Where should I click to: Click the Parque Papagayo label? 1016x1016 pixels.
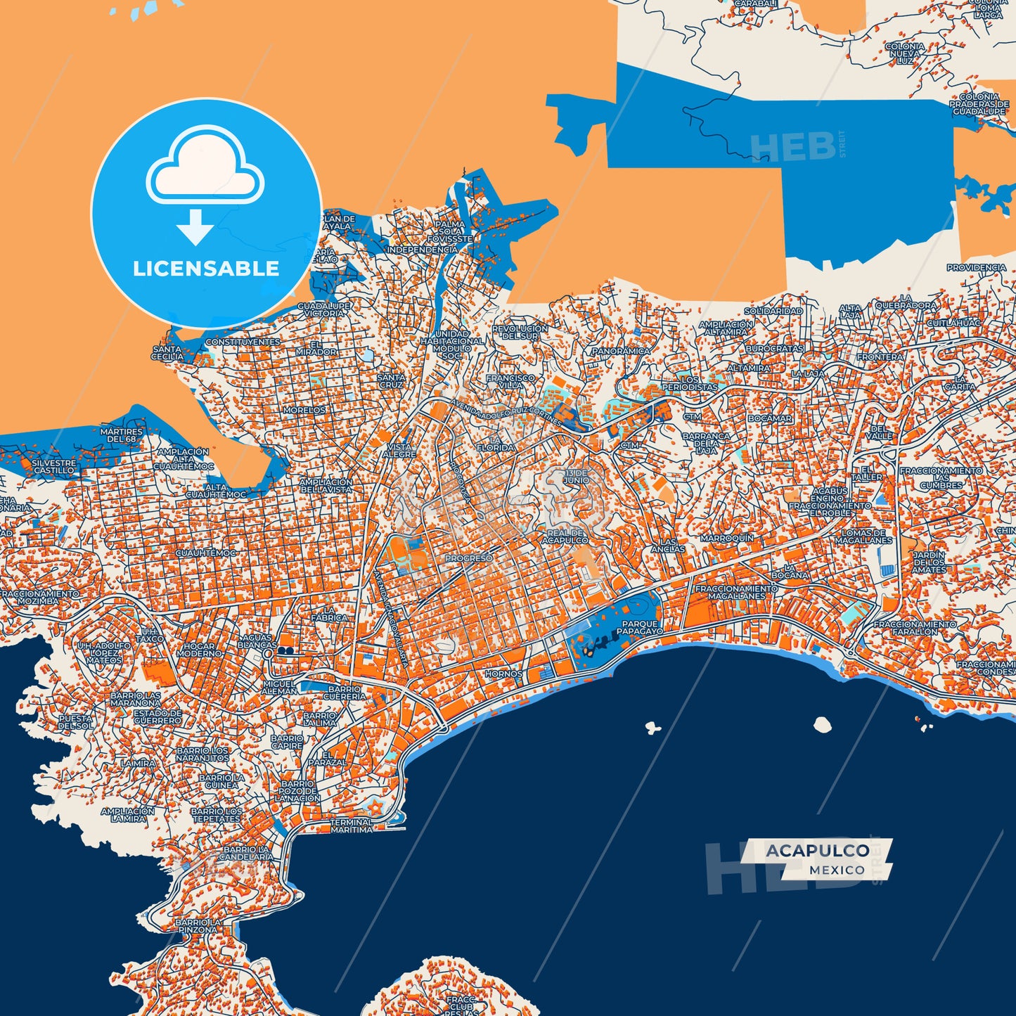(x=641, y=628)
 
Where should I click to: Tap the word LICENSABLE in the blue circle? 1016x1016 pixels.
(x=206, y=269)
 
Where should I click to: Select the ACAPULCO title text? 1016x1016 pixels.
(x=817, y=851)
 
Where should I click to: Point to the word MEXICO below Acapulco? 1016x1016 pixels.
(x=837, y=870)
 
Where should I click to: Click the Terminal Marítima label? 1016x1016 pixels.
(x=352, y=825)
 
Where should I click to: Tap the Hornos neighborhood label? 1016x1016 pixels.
(x=503, y=674)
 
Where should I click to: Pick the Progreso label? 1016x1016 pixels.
(x=469, y=558)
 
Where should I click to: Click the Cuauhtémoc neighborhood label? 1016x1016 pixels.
(x=206, y=553)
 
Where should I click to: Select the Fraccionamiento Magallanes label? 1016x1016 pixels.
(x=736, y=592)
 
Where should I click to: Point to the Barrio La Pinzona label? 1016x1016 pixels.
(x=198, y=925)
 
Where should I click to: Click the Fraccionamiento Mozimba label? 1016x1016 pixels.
(x=39, y=598)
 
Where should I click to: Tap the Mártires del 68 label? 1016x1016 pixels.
(x=121, y=435)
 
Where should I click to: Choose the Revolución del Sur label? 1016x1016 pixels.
(x=520, y=332)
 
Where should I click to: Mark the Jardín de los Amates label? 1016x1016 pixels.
(x=929, y=562)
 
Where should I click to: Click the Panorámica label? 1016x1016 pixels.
(x=621, y=351)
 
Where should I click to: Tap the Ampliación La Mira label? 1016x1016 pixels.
(x=127, y=814)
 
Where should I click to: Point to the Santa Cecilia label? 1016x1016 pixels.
(x=167, y=353)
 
